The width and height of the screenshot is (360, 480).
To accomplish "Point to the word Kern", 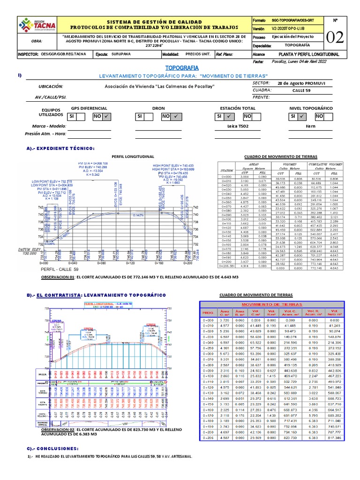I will point(311,126).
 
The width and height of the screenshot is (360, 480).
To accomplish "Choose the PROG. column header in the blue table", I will point(209,312).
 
